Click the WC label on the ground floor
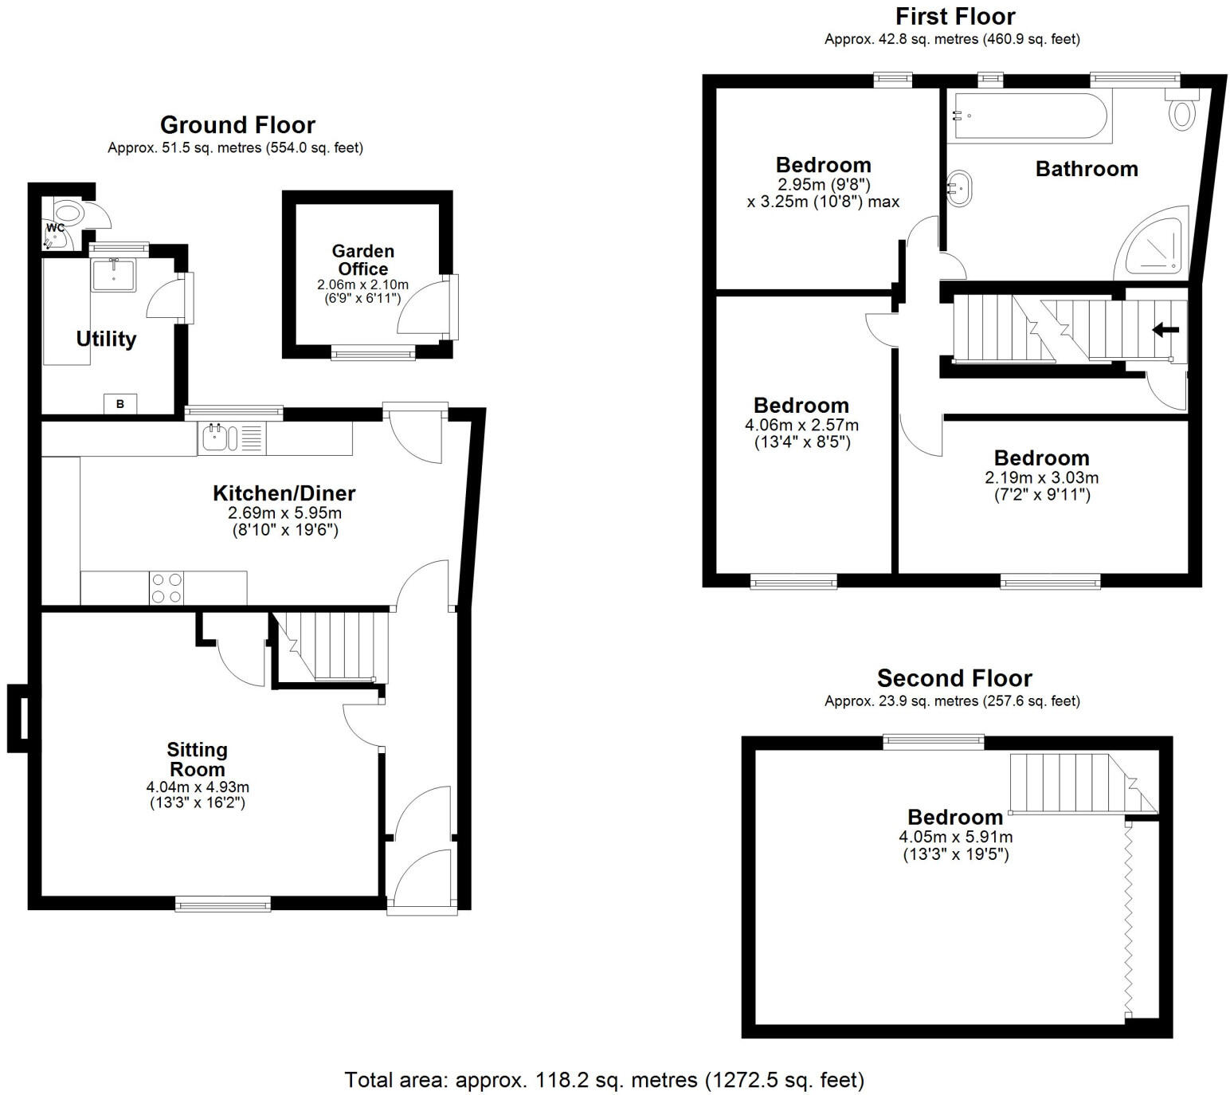pyautogui.click(x=55, y=228)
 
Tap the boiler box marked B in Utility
pyautogui.click(x=120, y=404)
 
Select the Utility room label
pyautogui.click(x=106, y=339)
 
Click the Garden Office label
pyautogui.click(x=362, y=260)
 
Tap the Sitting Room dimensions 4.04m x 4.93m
pyautogui.click(x=198, y=787)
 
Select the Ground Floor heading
pyautogui.click(x=237, y=125)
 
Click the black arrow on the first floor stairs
pyautogui.click(x=1165, y=329)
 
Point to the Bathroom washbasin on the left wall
pyautogui.click(x=959, y=189)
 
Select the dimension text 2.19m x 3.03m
pyautogui.click(x=1041, y=477)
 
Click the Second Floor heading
pyautogui.click(x=954, y=678)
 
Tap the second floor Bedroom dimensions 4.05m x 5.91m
pyautogui.click(x=955, y=837)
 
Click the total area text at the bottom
pyautogui.click(x=604, y=1080)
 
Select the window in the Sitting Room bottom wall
pyautogui.click(x=222, y=904)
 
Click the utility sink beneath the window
pyautogui.click(x=114, y=275)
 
